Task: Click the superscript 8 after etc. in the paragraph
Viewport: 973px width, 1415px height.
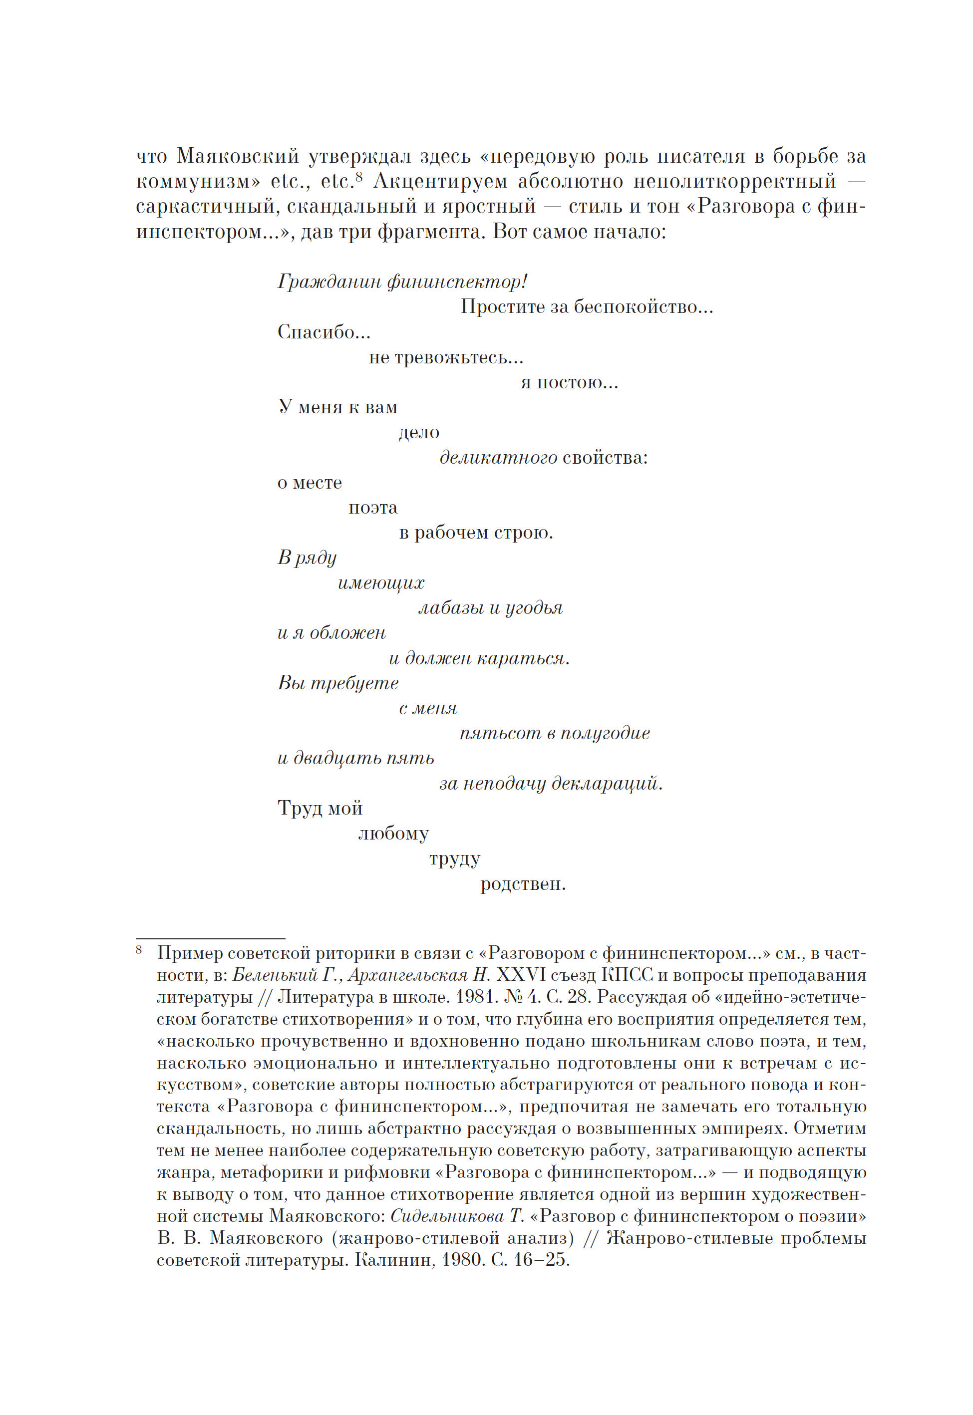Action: click(359, 176)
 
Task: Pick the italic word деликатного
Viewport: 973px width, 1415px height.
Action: click(498, 458)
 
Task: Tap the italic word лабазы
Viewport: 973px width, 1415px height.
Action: click(451, 608)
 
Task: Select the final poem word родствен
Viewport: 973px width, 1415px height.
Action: click(523, 883)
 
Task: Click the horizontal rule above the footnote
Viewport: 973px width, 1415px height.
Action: click(210, 939)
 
